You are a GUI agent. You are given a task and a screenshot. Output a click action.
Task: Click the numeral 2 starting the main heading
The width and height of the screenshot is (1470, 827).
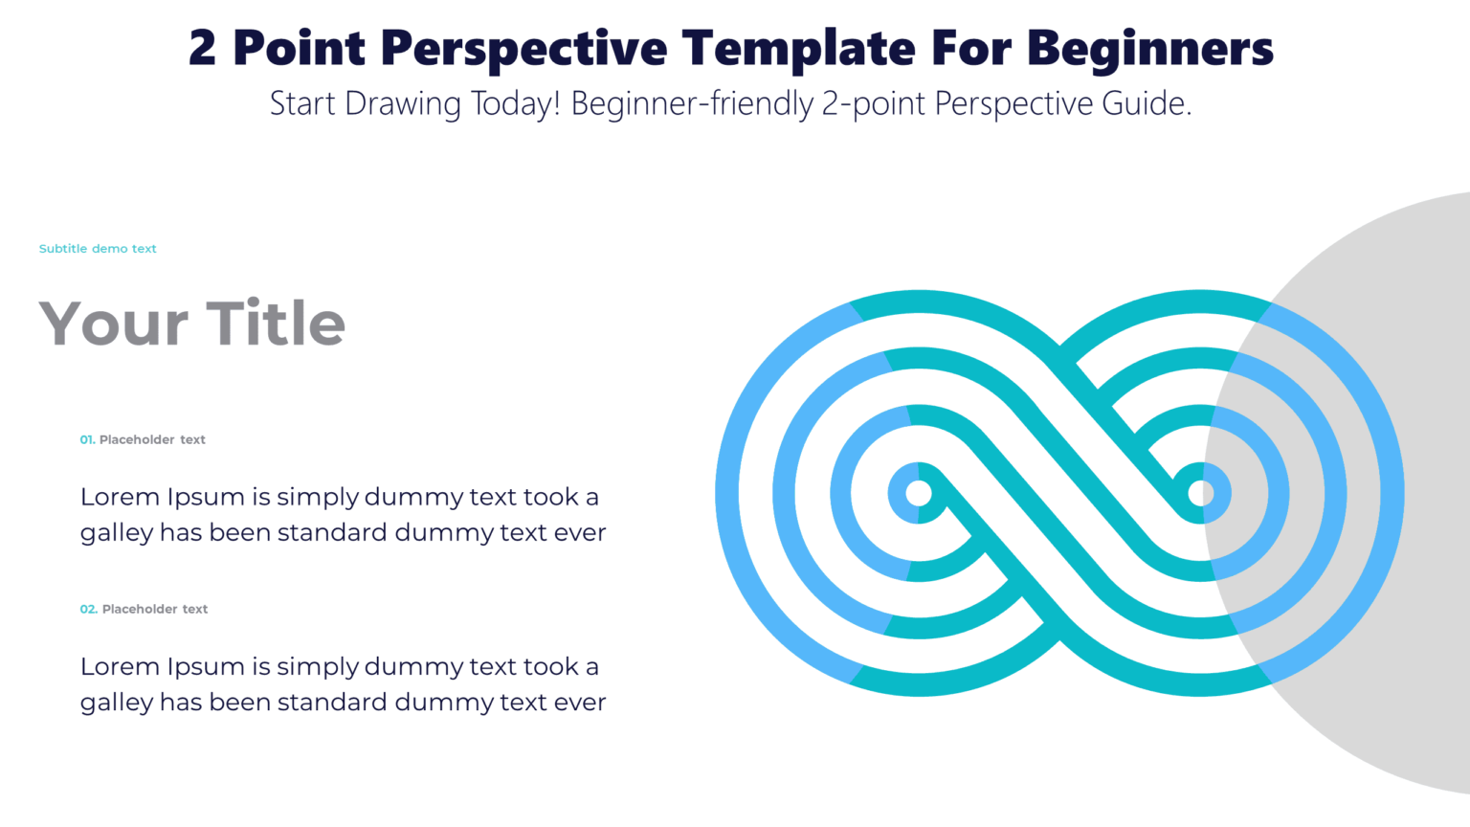coord(202,48)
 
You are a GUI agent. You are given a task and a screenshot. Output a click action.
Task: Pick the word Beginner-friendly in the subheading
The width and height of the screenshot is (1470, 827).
coord(692,103)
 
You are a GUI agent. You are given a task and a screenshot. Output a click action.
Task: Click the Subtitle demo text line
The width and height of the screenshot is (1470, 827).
coord(98,249)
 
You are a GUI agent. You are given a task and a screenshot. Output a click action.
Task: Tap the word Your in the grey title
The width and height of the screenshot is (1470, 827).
coord(113,324)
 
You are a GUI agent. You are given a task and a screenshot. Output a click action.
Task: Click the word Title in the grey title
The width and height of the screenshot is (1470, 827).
coord(276,324)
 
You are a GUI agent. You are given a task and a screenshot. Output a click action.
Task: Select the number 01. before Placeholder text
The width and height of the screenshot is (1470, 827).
coord(87,440)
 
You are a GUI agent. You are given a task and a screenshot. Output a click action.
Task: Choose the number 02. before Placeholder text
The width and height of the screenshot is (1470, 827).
coord(88,610)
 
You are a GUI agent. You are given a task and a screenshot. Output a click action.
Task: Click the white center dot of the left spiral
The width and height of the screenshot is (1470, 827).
coord(919,494)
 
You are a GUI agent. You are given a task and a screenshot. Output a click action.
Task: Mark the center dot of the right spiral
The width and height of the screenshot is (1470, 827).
coord(1201,494)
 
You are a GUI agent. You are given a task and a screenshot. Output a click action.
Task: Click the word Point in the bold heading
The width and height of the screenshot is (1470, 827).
coord(299,48)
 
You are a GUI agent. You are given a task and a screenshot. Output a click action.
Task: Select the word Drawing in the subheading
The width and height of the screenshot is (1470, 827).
coord(403,103)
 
